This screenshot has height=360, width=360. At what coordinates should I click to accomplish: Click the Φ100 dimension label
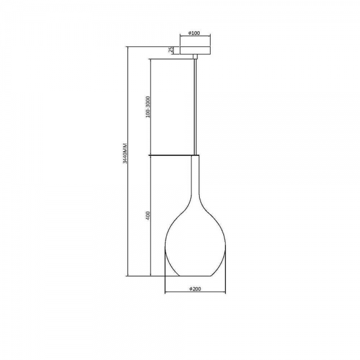[194, 33]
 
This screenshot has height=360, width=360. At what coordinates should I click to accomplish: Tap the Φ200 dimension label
[195, 289]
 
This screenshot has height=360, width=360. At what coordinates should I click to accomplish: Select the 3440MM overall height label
[125, 153]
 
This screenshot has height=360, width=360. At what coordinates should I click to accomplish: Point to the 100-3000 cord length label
[148, 107]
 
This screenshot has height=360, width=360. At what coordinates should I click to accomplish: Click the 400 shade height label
[148, 215]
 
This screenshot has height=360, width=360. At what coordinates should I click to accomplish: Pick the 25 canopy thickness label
[170, 50]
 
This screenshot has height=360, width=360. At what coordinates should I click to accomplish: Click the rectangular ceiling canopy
[195, 50]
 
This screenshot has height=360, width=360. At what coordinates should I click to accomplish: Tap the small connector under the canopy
[195, 57]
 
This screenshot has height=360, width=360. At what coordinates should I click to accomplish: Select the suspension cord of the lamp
[195, 107]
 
